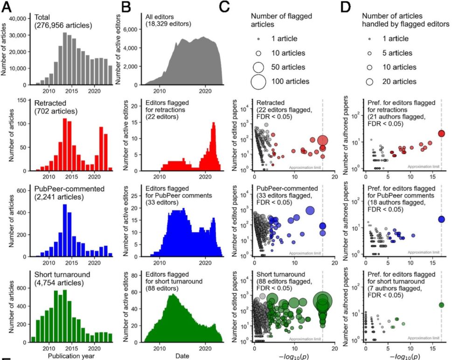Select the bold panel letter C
(x=237, y=6)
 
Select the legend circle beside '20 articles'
(x=369, y=82)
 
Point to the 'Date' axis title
(x=182, y=355)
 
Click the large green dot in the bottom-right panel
(x=441, y=305)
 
